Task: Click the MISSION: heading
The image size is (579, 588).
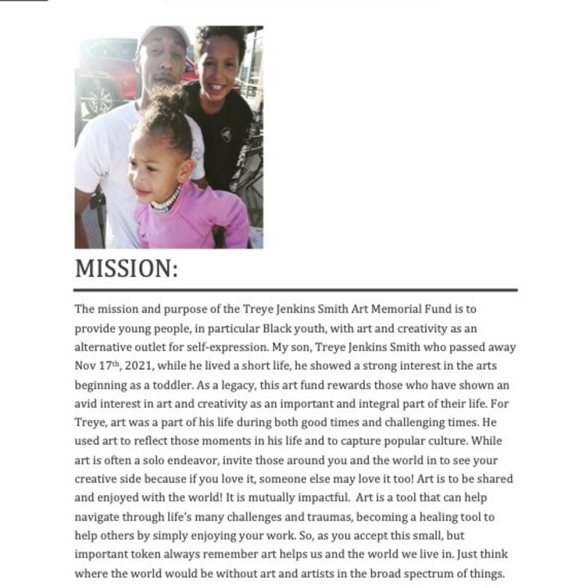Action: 127,269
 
